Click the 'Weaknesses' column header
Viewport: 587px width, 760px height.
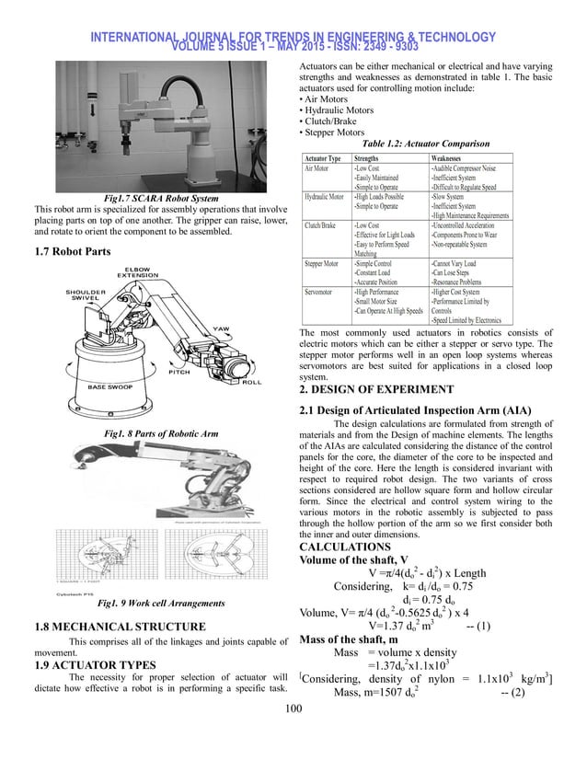coord(453,158)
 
